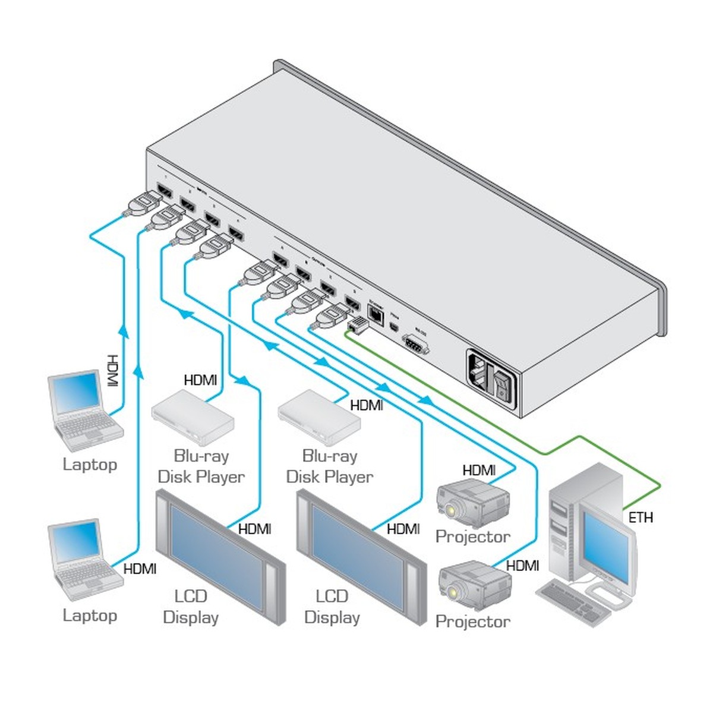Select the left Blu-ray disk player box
pos(193,416)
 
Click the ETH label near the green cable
pos(641,518)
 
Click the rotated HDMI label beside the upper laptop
pos(112,371)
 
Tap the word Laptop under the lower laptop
pos(90,616)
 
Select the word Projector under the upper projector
pos(472,537)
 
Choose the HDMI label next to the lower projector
pos(522,566)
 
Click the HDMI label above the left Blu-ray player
pos(200,380)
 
